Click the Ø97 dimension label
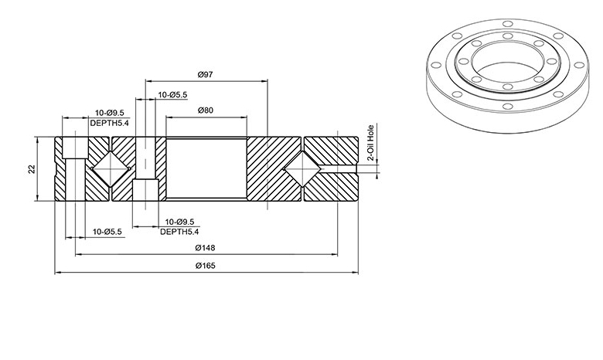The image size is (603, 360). click(x=206, y=74)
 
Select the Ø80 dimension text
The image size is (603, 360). click(x=206, y=110)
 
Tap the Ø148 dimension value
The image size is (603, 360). click(x=206, y=248)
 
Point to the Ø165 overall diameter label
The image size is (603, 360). click(x=206, y=266)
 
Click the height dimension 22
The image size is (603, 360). click(x=32, y=169)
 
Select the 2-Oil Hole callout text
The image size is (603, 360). click(x=371, y=143)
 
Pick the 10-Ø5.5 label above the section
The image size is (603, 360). click(x=172, y=94)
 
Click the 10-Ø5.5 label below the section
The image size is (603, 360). click(x=107, y=232)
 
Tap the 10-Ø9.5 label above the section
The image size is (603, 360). click(x=110, y=113)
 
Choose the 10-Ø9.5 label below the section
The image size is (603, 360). click(x=179, y=222)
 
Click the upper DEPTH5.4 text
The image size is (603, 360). click(x=110, y=123)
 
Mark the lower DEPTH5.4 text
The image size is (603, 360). click(x=179, y=232)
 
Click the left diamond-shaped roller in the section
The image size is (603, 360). click(x=111, y=169)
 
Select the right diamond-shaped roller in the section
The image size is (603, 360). click(x=302, y=169)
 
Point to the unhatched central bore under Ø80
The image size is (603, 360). click(x=206, y=168)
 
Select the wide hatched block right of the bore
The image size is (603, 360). click(x=274, y=169)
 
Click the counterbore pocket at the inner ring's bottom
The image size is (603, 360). click(x=145, y=190)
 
